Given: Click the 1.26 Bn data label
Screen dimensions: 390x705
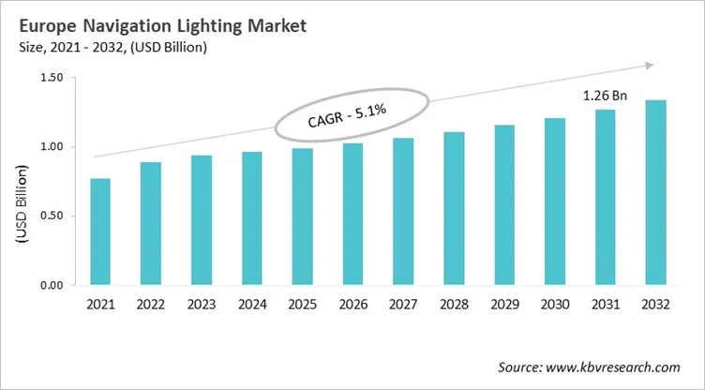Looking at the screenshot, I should pos(607,95).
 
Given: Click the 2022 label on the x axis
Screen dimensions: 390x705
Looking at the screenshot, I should pos(151,306).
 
